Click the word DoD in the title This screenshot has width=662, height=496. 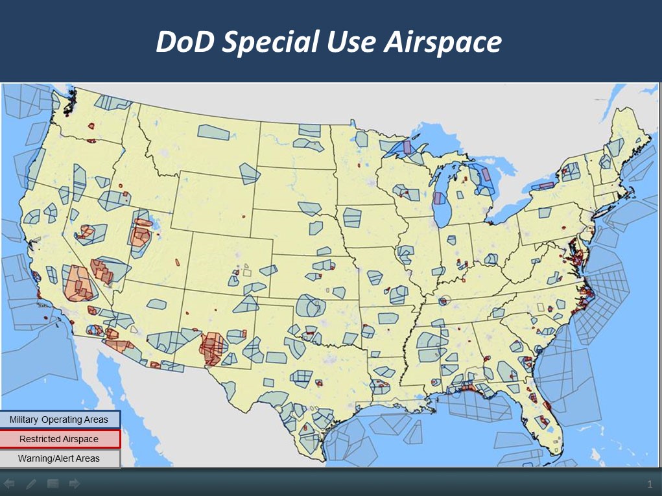tap(185, 42)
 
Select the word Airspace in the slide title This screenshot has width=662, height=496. tap(442, 42)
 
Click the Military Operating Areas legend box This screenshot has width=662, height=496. tap(60, 419)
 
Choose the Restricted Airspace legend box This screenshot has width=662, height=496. tap(60, 439)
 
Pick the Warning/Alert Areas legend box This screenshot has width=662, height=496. tap(60, 458)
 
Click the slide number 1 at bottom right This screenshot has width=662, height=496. tap(649, 484)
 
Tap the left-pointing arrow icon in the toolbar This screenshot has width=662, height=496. tap(9, 484)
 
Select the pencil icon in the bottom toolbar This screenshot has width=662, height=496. tap(31, 484)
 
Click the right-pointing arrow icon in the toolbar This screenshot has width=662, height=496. tap(75, 484)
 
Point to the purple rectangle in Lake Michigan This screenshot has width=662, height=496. tap(439, 198)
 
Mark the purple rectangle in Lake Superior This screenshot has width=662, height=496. tap(407, 147)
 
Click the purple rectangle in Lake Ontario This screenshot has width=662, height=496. tap(546, 185)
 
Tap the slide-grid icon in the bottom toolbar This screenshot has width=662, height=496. tap(53, 484)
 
